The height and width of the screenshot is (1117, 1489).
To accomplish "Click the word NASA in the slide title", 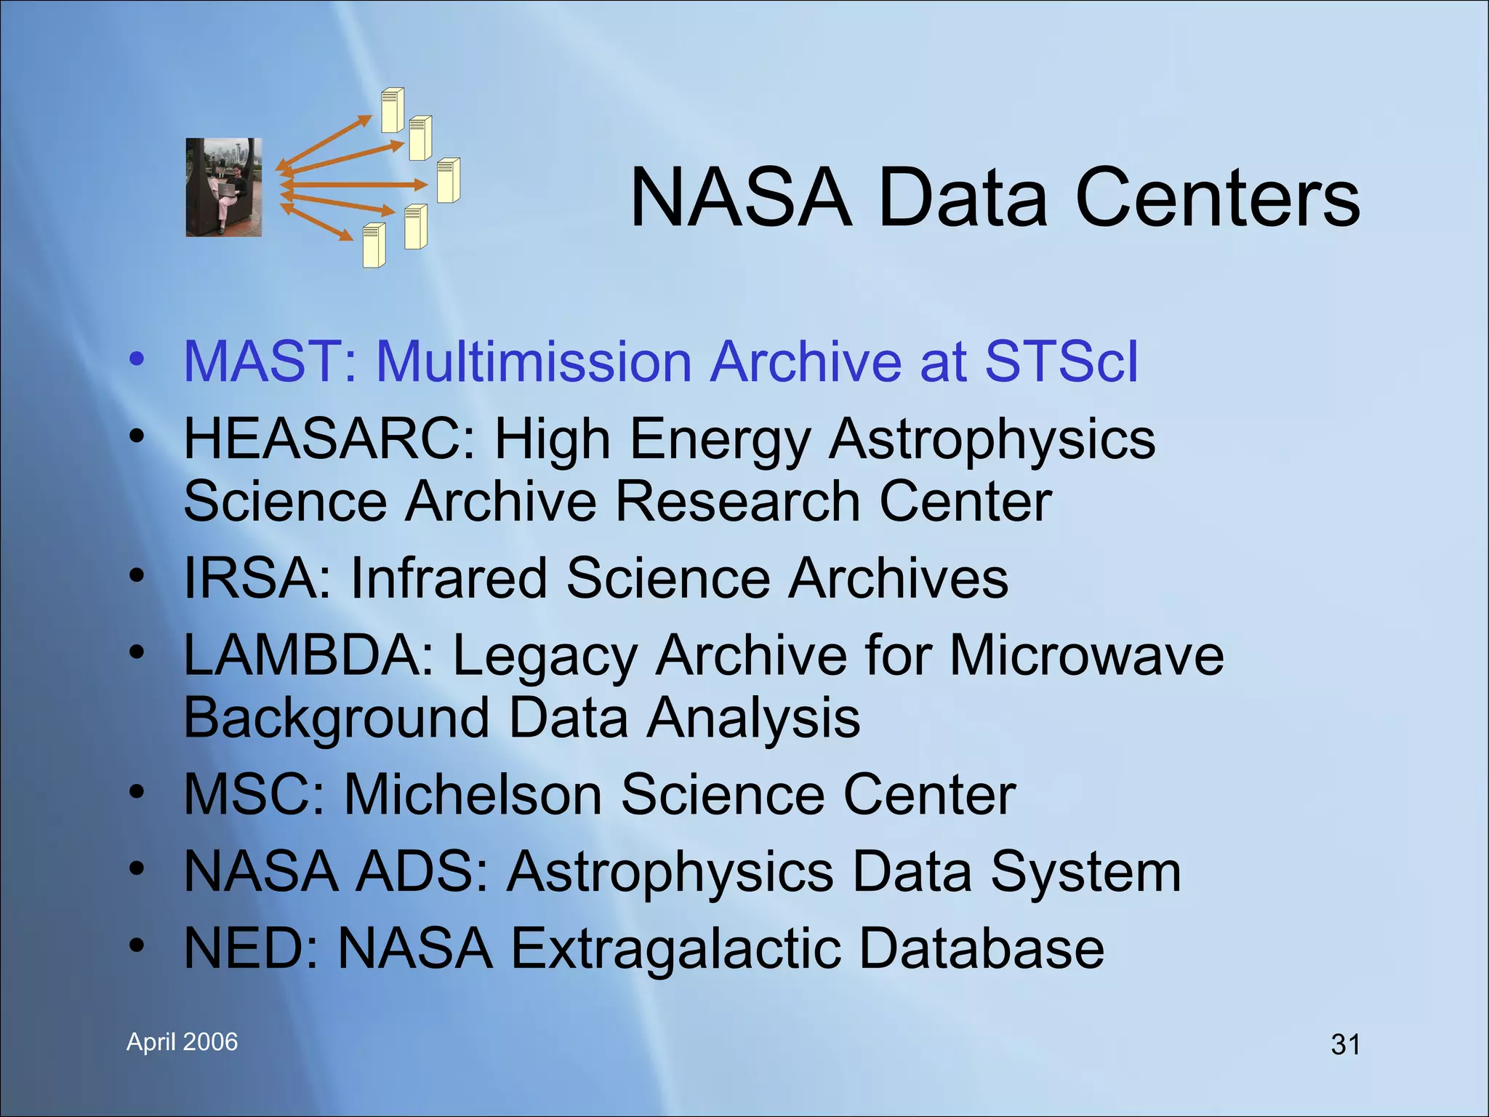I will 740,198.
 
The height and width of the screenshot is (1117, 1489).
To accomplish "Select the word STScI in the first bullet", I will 1061,361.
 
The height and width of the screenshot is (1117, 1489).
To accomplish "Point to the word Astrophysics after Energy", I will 992,441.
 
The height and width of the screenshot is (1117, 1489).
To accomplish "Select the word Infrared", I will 449,579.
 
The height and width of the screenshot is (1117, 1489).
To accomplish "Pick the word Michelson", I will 473,795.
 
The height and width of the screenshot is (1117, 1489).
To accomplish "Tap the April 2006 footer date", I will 182,1042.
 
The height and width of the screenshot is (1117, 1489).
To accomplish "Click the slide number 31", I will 1345,1045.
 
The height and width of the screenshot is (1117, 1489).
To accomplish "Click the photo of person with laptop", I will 223,188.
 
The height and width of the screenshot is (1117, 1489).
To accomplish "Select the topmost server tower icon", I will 393,110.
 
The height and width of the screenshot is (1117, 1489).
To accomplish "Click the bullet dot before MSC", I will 137,792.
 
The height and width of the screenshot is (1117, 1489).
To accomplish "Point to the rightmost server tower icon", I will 449,180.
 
